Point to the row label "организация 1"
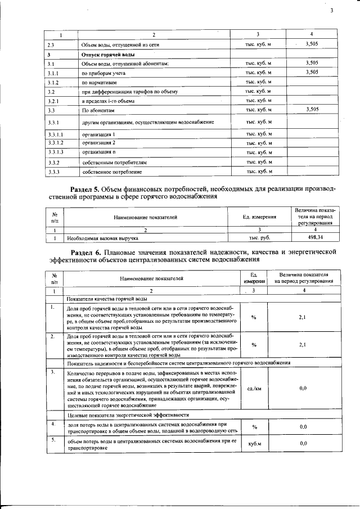click(99, 134)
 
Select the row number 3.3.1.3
click(55, 152)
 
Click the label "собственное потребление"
click(111, 171)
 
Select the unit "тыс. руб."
click(259, 238)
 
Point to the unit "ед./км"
click(254, 388)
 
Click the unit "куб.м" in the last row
click(254, 444)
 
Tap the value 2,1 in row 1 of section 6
click(302, 318)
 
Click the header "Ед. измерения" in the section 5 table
click(259, 216)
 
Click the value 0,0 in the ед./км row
click(302, 388)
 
